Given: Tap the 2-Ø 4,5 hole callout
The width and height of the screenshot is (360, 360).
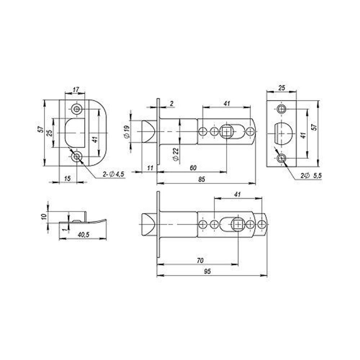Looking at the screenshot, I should point(113,174).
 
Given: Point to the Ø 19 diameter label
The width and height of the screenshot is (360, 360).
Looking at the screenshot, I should point(127,132).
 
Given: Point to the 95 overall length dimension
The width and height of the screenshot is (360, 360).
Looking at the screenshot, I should point(207,272).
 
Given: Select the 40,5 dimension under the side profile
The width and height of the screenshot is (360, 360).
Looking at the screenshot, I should point(82,234).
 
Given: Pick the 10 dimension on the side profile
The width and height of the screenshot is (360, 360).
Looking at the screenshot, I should point(44,217).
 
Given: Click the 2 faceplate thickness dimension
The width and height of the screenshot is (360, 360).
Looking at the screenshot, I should point(171,104).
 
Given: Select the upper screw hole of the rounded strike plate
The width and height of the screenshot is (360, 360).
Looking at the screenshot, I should point(76,109).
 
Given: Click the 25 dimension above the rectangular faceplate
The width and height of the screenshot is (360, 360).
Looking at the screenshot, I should point(281,87).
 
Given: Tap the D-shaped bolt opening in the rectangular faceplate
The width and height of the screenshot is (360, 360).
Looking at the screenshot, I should point(282,133).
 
